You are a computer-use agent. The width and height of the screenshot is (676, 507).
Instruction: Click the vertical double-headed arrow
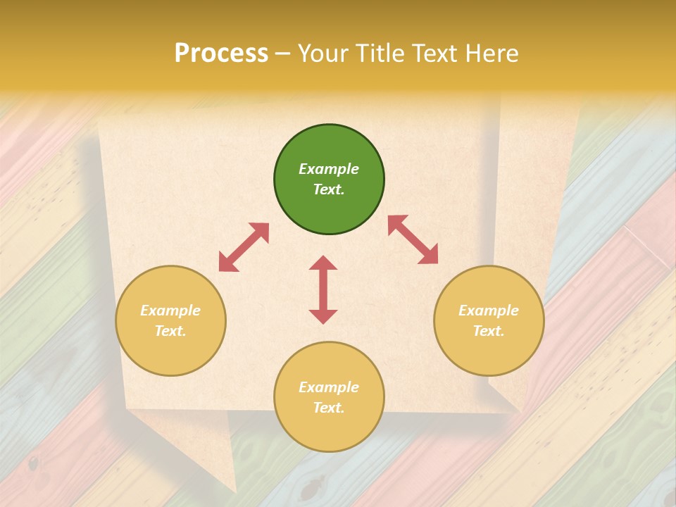pos(323,289)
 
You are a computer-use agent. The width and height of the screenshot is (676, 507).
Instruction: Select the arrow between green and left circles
pos(244,247)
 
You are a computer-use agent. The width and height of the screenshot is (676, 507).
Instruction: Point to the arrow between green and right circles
pos(413,239)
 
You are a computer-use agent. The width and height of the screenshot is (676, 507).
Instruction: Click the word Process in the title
pos(221,54)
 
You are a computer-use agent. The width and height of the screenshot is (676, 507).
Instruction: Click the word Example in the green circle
pos(329,169)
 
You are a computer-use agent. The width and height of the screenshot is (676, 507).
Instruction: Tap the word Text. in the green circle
pos(329,189)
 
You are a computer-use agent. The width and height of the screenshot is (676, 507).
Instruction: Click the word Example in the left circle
pos(170,311)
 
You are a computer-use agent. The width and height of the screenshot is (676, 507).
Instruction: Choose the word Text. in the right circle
pos(489,331)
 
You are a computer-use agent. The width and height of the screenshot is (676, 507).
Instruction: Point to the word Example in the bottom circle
pos(329,387)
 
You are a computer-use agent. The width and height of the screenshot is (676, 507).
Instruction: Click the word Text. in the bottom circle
pos(329,408)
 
